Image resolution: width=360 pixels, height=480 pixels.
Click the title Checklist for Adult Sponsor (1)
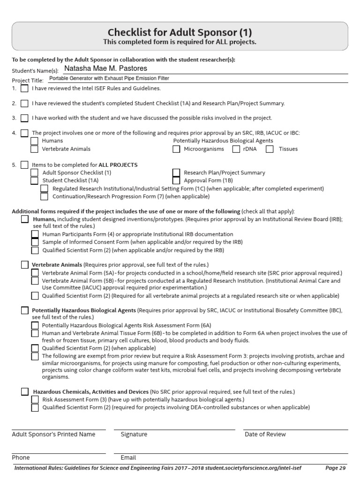tap(180, 32)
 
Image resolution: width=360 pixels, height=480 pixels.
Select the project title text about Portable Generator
tap(109, 78)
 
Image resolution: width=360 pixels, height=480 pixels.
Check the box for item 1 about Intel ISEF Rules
tap(24, 88)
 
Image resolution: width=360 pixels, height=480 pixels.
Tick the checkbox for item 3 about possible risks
tap(24, 118)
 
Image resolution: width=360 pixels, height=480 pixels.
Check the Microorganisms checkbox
tap(176, 149)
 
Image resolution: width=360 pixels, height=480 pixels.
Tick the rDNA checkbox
tap(236, 149)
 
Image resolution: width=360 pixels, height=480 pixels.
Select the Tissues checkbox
tap(270, 149)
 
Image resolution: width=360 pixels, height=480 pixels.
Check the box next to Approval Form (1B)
tap(176, 180)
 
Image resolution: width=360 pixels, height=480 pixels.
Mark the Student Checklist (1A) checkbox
tap(34, 180)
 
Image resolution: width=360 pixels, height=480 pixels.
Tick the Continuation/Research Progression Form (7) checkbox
tap(44, 197)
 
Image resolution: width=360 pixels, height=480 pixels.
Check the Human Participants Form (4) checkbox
tap(35, 234)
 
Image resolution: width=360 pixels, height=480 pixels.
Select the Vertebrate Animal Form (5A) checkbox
tap(35, 273)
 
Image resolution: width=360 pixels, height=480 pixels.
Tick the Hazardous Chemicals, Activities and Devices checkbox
tap(24, 391)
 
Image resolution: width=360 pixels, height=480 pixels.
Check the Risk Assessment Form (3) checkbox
tap(35, 399)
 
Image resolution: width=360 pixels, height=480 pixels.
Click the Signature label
tap(134, 435)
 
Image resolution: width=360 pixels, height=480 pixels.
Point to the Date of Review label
tap(265, 435)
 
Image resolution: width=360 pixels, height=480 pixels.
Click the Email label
tap(128, 457)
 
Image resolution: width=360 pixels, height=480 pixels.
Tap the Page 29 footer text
tap(336, 468)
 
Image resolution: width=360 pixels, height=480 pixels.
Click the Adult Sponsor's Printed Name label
tap(53, 435)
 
